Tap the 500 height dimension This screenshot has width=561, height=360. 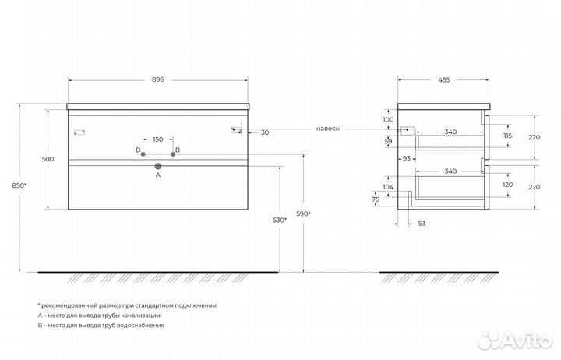click(x=47, y=159)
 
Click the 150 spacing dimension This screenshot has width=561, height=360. click(x=158, y=139)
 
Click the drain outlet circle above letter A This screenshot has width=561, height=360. click(x=158, y=166)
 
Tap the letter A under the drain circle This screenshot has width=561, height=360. click(x=158, y=176)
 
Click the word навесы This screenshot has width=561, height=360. click(x=328, y=129)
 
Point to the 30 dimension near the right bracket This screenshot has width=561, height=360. click(x=265, y=132)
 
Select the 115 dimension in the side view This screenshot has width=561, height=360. click(x=507, y=136)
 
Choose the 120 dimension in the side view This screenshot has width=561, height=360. click(x=507, y=185)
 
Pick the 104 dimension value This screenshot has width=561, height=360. click(x=389, y=188)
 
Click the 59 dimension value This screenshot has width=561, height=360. click(x=389, y=141)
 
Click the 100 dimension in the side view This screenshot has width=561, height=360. click(x=389, y=120)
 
